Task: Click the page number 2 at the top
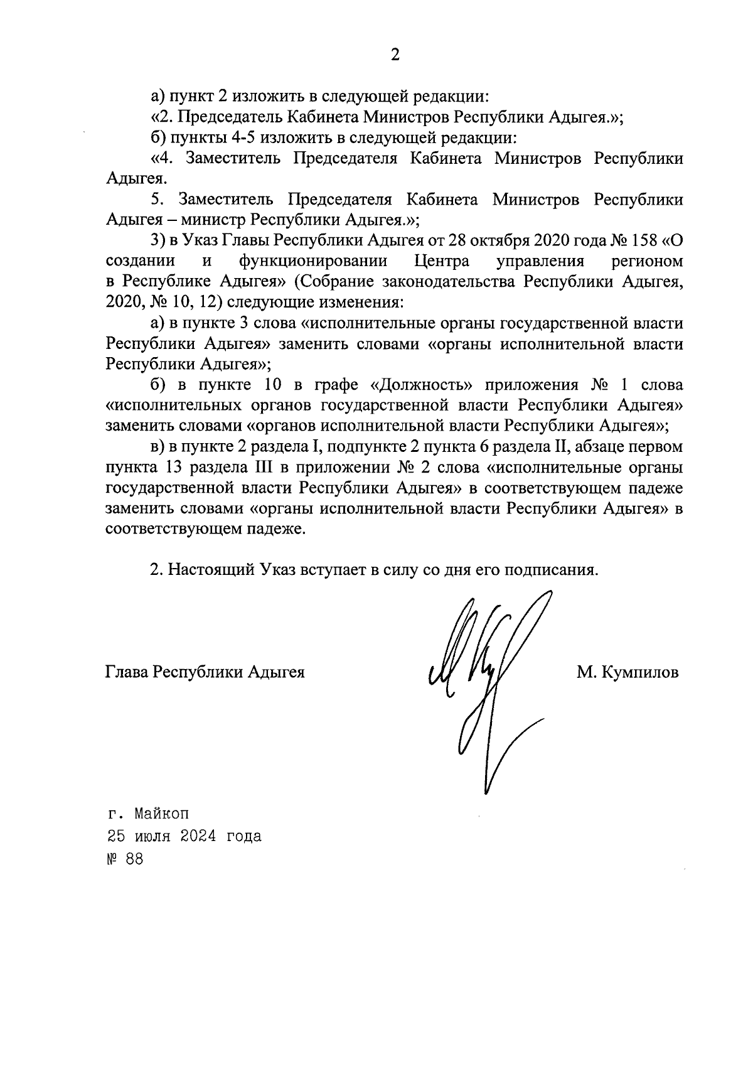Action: [395, 55]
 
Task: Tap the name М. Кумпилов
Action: [627, 673]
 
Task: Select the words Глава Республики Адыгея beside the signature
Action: [205, 672]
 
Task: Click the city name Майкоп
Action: [161, 814]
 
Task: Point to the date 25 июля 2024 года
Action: [184, 836]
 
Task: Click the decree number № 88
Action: [124, 859]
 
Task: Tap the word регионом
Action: [647, 260]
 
